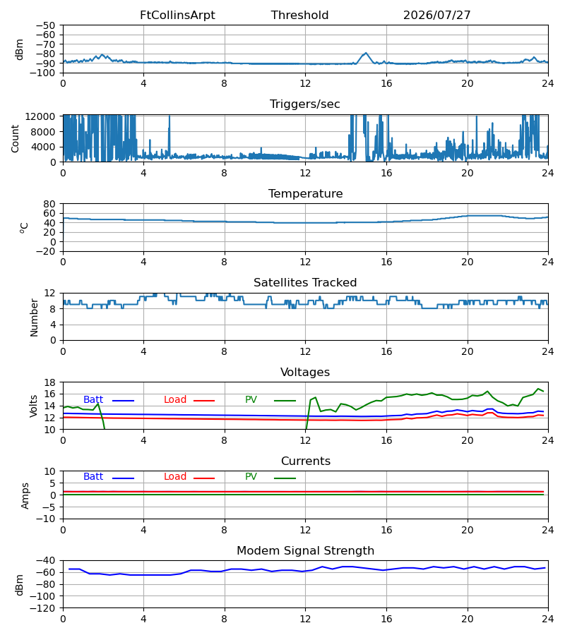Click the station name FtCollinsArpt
(x=177, y=16)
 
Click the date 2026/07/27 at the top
(x=436, y=16)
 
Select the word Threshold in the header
(x=299, y=16)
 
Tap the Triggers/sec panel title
(x=305, y=104)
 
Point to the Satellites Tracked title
(x=305, y=283)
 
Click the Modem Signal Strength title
(x=305, y=551)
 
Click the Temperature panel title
(x=305, y=193)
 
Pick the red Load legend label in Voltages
(x=175, y=400)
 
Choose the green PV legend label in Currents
(x=251, y=477)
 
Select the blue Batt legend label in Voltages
(x=93, y=400)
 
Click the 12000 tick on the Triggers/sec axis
(x=40, y=116)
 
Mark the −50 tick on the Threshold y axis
(x=46, y=25)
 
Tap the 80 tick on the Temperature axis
(x=49, y=204)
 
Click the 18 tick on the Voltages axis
(x=49, y=382)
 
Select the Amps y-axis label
(x=25, y=496)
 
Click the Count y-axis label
(x=15, y=138)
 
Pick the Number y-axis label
(x=34, y=317)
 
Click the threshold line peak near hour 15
(x=366, y=53)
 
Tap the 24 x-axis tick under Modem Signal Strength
(x=548, y=619)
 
